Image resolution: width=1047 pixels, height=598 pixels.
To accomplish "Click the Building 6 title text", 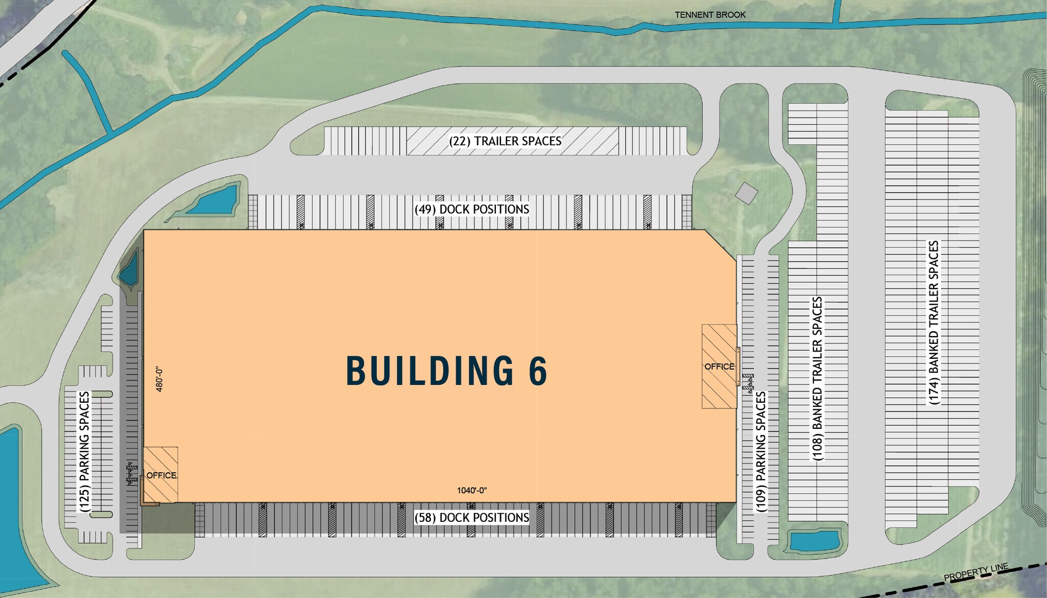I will tap(447, 371).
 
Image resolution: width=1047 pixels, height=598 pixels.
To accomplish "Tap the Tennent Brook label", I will tap(710, 15).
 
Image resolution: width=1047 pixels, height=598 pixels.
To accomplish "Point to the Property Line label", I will tap(976, 572).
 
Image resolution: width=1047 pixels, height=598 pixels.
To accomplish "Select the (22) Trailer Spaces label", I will tap(505, 141).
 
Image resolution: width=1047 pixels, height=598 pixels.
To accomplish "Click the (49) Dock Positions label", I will tap(472, 209).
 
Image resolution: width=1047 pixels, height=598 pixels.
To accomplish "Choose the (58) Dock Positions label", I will tap(472, 518).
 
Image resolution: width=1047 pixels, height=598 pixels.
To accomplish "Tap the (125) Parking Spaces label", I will tap(85, 452).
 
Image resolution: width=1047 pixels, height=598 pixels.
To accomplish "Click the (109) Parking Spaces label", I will tap(761, 452).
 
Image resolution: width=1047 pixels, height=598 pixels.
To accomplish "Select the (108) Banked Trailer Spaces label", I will tap(817, 378).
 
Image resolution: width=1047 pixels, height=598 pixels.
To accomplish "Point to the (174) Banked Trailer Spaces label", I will tap(934, 323).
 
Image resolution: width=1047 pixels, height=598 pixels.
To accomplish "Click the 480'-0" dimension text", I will tap(159, 379).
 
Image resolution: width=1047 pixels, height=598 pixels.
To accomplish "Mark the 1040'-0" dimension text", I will tap(472, 491).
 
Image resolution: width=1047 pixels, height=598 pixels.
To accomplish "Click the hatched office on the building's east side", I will tap(719, 366).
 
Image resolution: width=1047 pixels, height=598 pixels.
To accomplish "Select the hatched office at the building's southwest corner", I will tap(161, 475).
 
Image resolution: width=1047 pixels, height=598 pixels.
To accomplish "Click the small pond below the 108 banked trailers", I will tap(814, 541).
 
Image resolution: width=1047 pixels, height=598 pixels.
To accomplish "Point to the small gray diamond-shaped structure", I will tap(746, 193).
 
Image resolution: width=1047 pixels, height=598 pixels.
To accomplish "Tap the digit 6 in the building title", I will tap(538, 371).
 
